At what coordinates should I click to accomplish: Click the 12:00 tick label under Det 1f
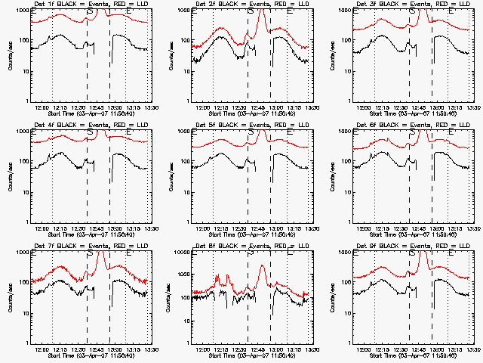pos(44,107)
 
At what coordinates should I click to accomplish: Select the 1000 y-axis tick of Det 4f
pos(21,132)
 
